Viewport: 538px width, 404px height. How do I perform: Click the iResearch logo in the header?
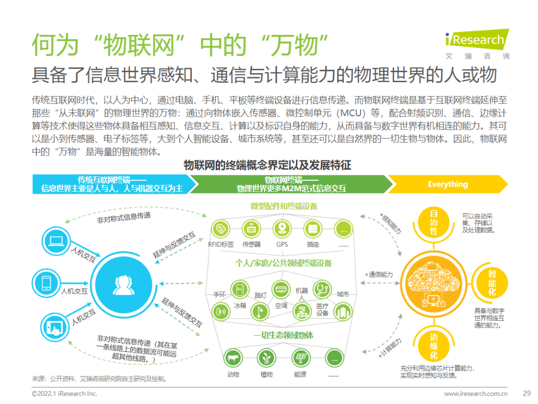click(x=476, y=40)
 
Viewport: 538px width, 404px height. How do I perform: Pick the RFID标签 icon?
click(x=220, y=229)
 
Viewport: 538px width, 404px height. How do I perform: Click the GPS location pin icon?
click(x=282, y=229)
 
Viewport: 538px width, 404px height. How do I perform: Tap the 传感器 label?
click(x=251, y=245)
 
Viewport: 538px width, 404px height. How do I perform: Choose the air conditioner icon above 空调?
click(x=280, y=288)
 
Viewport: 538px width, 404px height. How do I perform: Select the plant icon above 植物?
click(x=266, y=358)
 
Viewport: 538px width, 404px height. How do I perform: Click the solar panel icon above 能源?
click(x=300, y=358)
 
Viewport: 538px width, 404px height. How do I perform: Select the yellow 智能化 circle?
click(x=491, y=282)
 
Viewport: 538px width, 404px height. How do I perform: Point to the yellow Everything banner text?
click(x=447, y=184)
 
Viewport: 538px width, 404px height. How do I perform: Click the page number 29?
click(x=526, y=393)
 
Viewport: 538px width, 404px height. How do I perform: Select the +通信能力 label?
click(x=379, y=274)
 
